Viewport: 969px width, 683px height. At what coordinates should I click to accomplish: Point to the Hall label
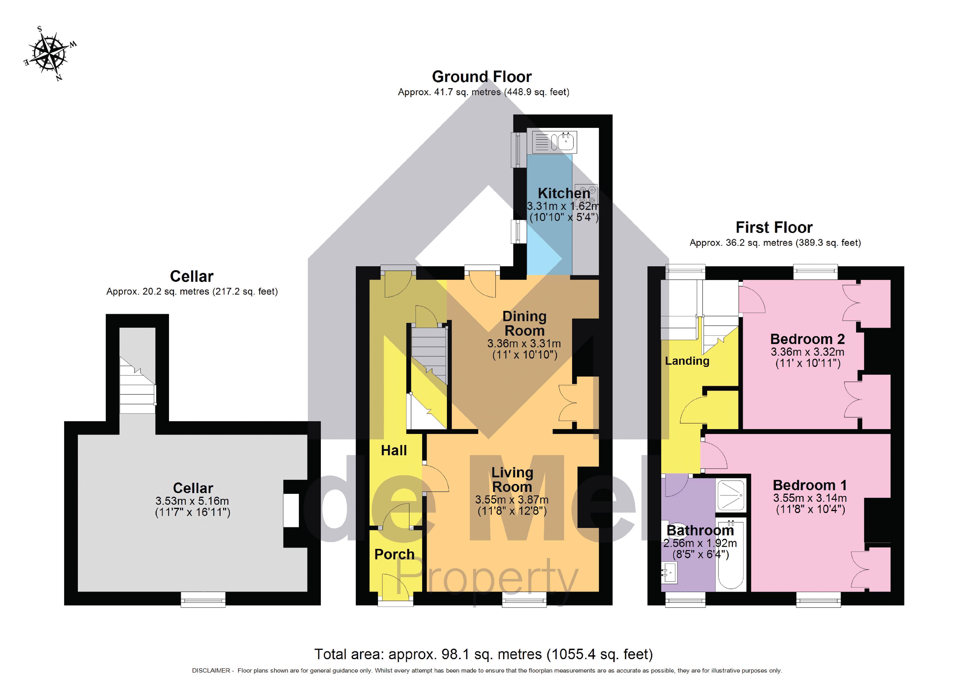click(394, 450)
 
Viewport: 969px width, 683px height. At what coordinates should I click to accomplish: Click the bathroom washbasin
click(669, 572)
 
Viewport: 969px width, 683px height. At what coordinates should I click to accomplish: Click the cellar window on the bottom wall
click(203, 599)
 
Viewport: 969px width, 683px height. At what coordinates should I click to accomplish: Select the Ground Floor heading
click(482, 77)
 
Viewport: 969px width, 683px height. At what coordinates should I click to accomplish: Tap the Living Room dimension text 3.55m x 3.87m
click(511, 500)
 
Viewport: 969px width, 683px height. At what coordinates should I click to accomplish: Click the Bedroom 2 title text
click(807, 339)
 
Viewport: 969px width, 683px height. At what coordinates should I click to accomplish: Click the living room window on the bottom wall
click(524, 599)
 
